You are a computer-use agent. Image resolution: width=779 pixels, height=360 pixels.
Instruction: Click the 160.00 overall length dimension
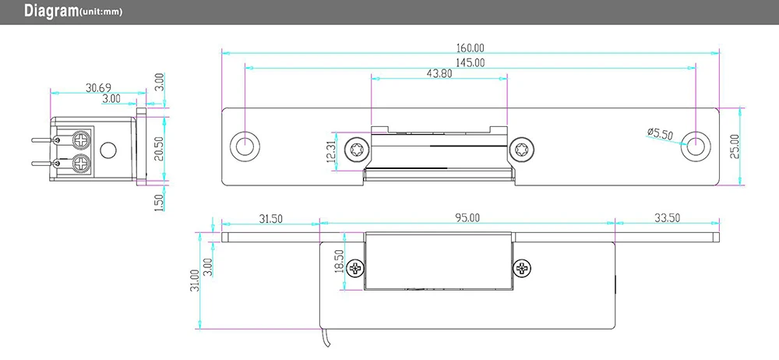470,48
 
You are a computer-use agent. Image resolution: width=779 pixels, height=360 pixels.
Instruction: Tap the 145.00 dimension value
470,62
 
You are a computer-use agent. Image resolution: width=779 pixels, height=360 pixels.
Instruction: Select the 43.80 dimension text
439,73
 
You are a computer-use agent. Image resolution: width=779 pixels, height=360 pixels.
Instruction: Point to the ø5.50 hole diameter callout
660,133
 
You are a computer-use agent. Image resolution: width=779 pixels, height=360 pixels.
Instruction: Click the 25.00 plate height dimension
735,146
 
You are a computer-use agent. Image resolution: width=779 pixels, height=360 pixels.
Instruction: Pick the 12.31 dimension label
331,152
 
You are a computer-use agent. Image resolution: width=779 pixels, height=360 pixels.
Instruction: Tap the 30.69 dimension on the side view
98,88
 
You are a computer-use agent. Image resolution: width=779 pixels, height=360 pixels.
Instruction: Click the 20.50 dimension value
158,149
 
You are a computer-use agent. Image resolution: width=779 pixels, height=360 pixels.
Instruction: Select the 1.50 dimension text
159,203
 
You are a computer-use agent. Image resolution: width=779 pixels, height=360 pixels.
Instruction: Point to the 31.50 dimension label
270,217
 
